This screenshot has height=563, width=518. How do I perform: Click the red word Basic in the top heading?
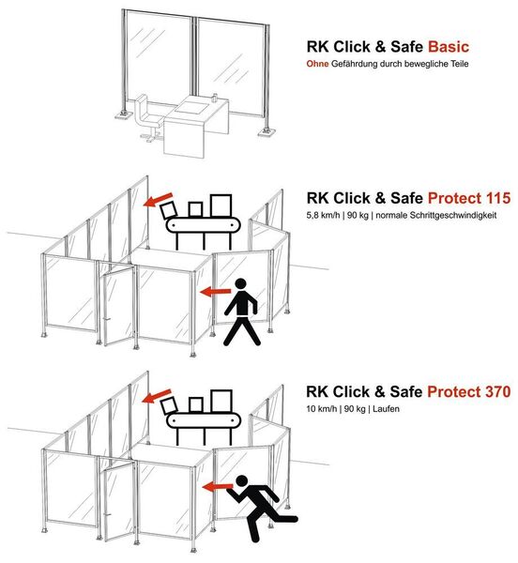pos(449,47)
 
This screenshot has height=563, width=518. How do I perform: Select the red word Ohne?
pos(317,64)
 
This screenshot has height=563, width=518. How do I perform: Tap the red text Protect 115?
pos(469,198)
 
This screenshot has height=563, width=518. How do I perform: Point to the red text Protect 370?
pos(469,391)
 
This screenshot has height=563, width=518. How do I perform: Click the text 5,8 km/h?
pos(323,216)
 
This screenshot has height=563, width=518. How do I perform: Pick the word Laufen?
pos(386,408)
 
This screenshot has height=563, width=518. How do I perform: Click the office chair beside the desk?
pos(148,117)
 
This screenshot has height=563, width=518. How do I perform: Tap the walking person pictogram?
pos(243,312)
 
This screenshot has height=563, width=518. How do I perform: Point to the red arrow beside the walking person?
pos(216,292)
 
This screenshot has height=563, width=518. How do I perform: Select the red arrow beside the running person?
pos(218,487)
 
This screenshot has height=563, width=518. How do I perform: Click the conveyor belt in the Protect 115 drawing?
pos(203,225)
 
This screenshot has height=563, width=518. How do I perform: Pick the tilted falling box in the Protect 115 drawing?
pos(169,210)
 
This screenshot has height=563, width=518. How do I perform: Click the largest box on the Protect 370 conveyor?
pos(221,402)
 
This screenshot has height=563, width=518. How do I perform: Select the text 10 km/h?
pos(321,408)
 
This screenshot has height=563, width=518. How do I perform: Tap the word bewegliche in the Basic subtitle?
pos(421,64)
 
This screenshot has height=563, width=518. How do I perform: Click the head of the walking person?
pos(241,284)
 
